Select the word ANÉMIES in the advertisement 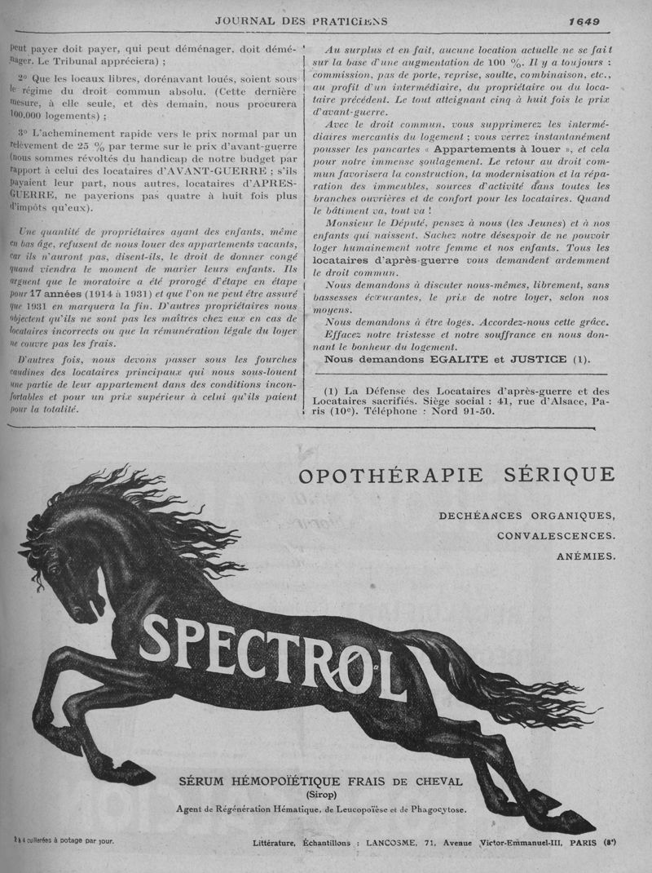pyautogui.click(x=586, y=557)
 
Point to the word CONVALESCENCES pyautogui.click(x=556, y=536)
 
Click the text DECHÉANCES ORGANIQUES pyautogui.click(x=526, y=516)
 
